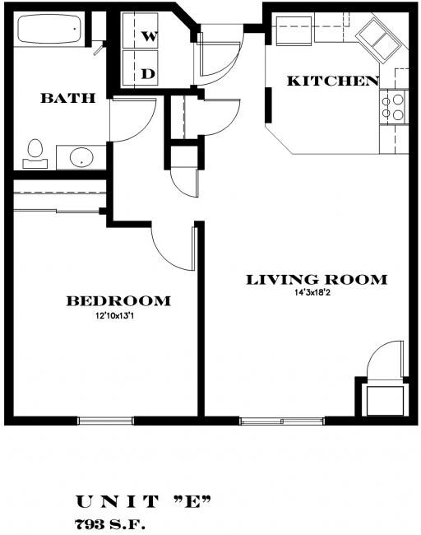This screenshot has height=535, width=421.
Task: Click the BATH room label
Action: pyautogui.click(x=68, y=99)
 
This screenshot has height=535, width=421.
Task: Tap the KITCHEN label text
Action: pyautogui.click(x=332, y=81)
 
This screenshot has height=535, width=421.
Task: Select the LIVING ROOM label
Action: pyautogui.click(x=317, y=280)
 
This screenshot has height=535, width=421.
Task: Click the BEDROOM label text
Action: pyautogui.click(x=118, y=301)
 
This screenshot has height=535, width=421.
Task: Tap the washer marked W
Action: pyautogui.click(x=150, y=36)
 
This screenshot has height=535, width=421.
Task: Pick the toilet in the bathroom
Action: pyautogui.click(x=35, y=151)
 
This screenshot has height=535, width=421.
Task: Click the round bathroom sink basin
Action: pyautogui.click(x=80, y=156)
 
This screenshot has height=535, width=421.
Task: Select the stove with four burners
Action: pyautogui.click(x=394, y=105)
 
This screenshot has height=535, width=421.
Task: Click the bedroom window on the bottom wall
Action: pyautogui.click(x=105, y=421)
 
